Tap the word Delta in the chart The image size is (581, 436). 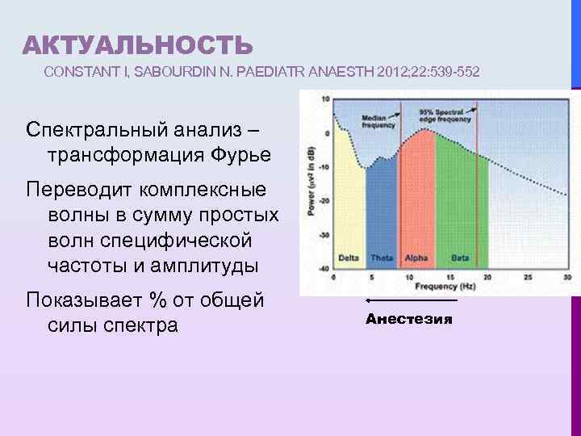349,258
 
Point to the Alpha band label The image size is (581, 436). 416,258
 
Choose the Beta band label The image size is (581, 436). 460,258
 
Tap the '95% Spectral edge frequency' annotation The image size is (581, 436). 441,115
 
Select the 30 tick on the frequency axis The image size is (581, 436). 567,276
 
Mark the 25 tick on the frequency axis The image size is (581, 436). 529,276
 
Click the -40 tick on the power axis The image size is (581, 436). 324,268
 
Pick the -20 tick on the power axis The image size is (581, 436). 324,201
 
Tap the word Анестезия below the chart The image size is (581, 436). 409,319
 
